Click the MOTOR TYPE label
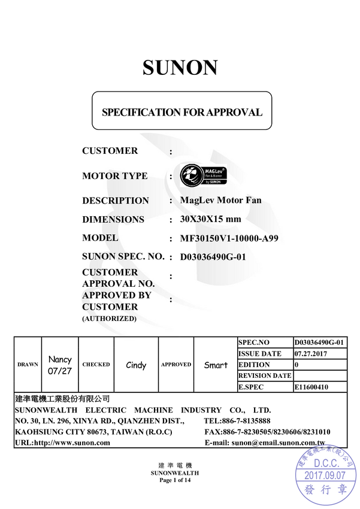click(114, 176)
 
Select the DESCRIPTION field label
click(115, 201)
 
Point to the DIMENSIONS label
click(113, 219)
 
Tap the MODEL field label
click(100, 238)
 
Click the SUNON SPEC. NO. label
click(123, 256)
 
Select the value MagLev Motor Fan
click(220, 200)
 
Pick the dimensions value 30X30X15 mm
click(210, 219)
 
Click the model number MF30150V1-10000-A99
click(229, 238)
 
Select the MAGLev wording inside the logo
click(214, 170)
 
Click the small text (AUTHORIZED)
click(109, 319)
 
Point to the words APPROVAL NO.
click(118, 283)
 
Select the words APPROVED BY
click(117, 295)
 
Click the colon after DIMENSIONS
click(171, 220)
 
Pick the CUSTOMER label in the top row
click(110, 151)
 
